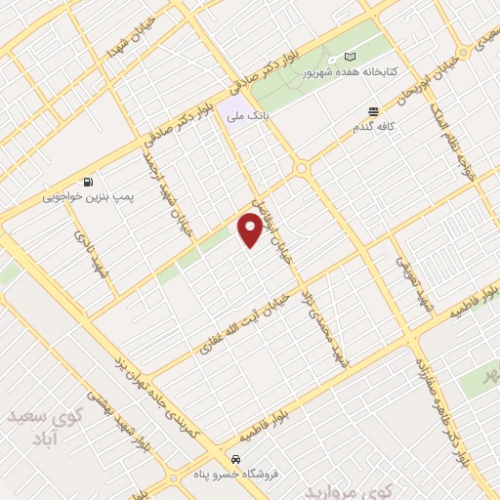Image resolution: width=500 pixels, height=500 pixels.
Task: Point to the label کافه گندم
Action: coord(372,128)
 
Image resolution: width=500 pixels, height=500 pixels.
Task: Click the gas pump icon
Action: coord(89,181)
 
